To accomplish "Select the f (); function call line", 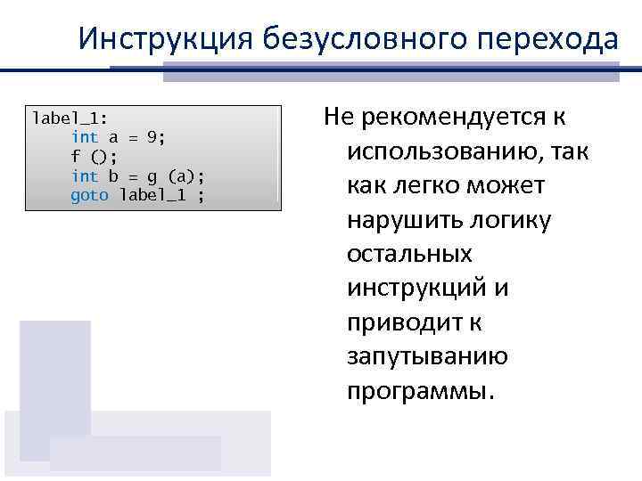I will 89,156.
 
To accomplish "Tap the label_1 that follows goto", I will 152,195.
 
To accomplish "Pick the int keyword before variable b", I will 85,175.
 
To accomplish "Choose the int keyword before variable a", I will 85,136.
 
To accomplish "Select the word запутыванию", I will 427,357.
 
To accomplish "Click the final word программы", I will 418,392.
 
